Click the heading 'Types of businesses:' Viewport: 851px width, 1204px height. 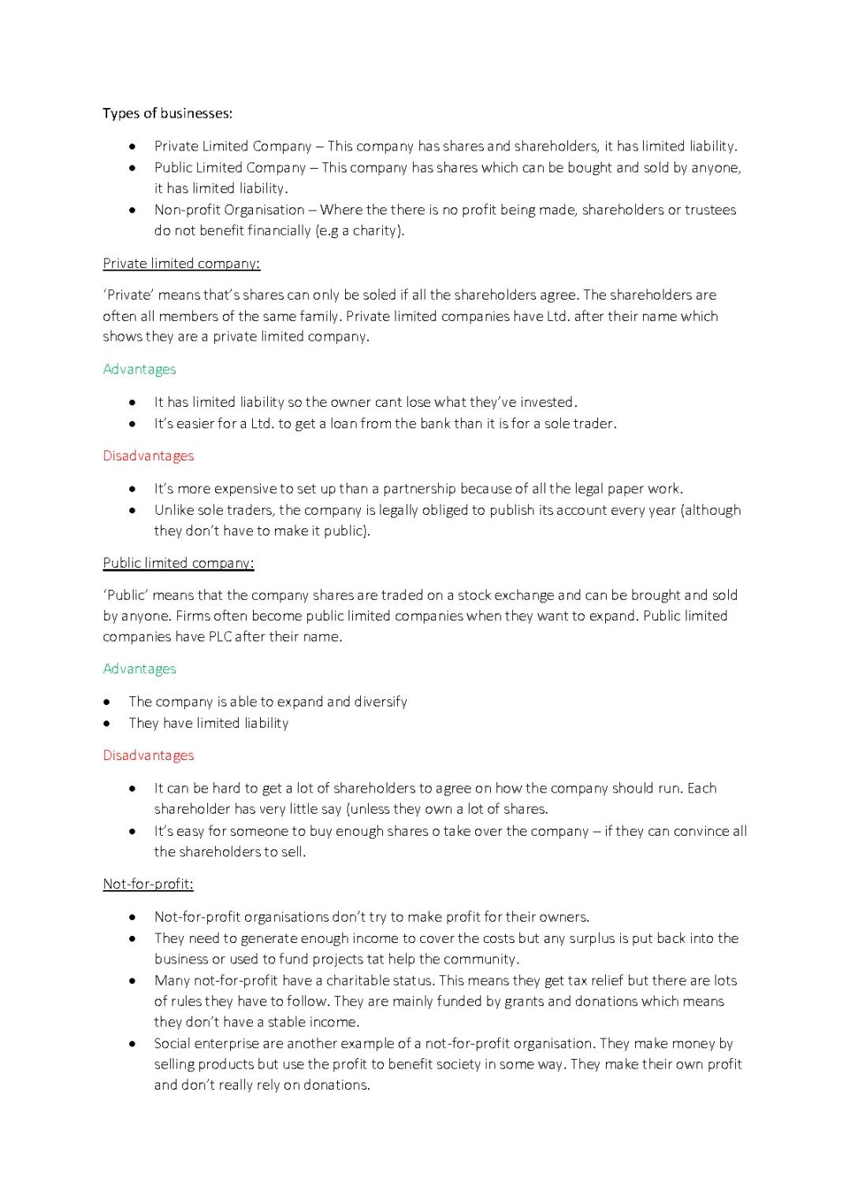pos(167,114)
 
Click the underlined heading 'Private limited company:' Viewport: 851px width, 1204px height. pos(181,263)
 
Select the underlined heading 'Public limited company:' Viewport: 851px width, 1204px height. pos(178,563)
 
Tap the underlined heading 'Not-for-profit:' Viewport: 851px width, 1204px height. pos(148,884)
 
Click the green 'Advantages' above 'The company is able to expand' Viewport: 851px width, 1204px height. pos(139,669)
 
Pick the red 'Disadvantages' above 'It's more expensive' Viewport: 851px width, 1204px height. pos(148,456)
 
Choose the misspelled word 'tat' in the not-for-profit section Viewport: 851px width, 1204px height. pos(376,960)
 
